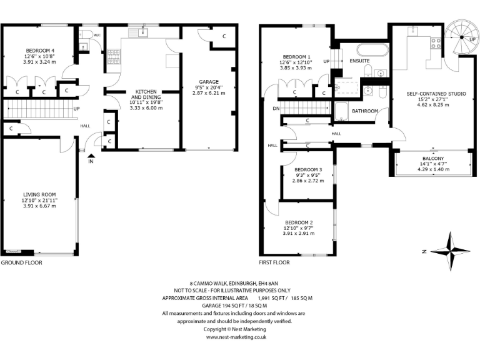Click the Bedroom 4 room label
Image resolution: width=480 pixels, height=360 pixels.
[40, 51]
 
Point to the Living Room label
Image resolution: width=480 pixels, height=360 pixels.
[40, 194]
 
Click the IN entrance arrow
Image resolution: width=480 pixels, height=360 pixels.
[92, 159]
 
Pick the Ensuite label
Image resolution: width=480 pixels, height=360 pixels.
[359, 61]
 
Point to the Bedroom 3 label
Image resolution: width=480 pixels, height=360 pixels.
[308, 170]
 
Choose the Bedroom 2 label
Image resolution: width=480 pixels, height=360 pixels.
[299, 222]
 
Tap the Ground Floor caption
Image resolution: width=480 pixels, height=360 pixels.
[21, 263]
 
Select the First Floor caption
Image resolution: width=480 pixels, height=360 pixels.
[274, 263]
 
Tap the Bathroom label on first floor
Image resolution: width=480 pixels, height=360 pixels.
[364, 111]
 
